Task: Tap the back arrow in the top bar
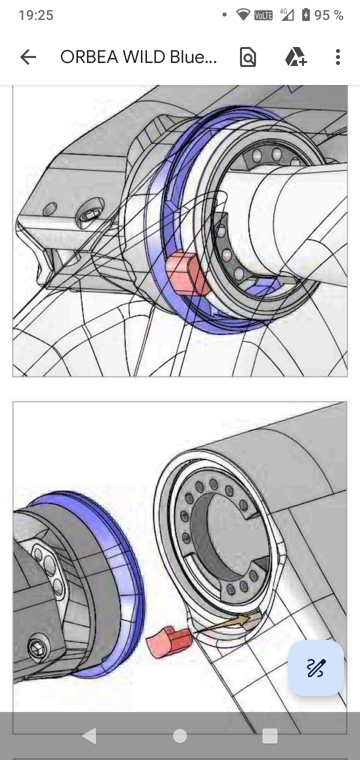click(x=28, y=56)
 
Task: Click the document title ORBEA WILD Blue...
click(x=138, y=57)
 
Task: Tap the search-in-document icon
click(x=248, y=57)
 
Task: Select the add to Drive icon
click(x=296, y=56)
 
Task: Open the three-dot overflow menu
click(x=337, y=56)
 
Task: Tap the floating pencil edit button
click(x=316, y=667)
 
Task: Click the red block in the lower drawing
click(x=169, y=642)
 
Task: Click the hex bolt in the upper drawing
click(x=91, y=214)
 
